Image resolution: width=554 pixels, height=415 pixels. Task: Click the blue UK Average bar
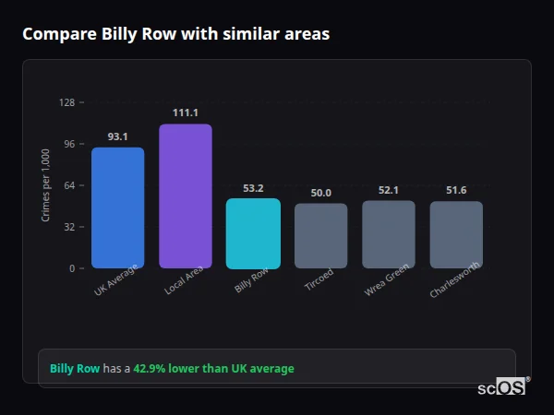[x=117, y=207]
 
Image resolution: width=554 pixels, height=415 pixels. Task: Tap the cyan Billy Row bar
[x=253, y=233]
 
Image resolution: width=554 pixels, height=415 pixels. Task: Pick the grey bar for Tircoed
[x=321, y=235]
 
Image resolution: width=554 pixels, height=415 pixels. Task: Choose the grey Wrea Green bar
[x=389, y=234]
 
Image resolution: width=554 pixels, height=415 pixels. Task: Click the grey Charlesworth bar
[x=456, y=234]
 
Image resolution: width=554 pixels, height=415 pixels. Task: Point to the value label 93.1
[x=117, y=136]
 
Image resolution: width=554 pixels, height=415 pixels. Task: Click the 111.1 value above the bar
[x=186, y=113]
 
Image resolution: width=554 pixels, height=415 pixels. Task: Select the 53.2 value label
[x=253, y=188]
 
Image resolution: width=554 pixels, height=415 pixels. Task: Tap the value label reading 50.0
[x=321, y=193]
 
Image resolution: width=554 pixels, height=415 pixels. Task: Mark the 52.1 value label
[x=389, y=190]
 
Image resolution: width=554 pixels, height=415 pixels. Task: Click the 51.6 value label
[x=456, y=190]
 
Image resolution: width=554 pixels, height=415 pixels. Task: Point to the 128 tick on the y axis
[x=66, y=102]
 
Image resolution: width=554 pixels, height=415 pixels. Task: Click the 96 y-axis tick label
[x=68, y=144]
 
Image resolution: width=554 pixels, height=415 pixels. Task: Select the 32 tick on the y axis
[x=68, y=227]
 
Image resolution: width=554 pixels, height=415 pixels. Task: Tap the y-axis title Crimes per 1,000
[x=46, y=185]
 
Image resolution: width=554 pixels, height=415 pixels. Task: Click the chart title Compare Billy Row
[x=175, y=34]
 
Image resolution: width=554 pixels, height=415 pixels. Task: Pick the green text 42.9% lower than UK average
[x=213, y=369]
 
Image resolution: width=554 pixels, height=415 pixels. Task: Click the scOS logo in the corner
[x=502, y=387]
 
